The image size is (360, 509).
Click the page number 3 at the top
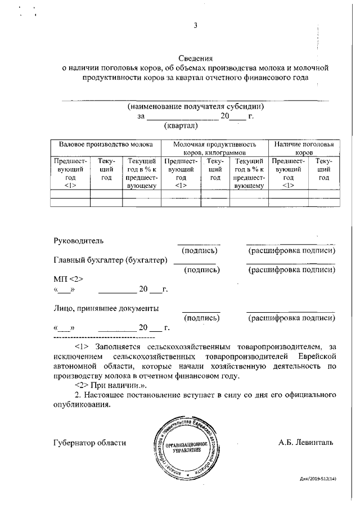point(195,25)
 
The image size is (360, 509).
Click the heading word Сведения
point(195,58)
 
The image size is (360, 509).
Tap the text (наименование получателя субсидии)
point(195,106)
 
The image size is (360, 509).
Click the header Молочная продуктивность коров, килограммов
point(215,148)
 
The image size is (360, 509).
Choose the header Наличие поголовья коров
point(304,148)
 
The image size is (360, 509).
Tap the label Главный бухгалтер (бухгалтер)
point(111,260)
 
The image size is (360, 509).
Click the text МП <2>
point(68,280)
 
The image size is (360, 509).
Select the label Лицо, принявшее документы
point(106,308)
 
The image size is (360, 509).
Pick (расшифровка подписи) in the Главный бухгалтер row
point(292,270)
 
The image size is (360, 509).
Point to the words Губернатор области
point(90,443)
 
